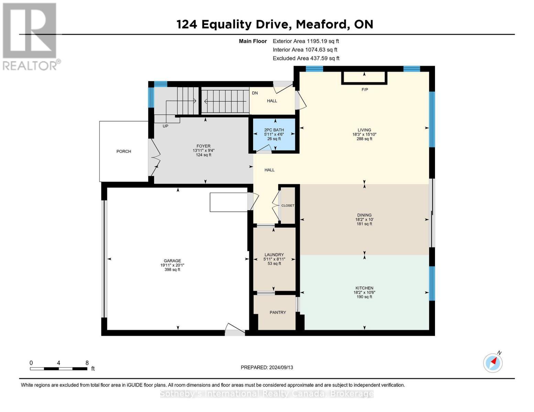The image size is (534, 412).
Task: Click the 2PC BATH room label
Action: pos(274,130)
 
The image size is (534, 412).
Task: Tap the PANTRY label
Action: pos(277,312)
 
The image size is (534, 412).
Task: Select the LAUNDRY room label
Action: pos(274,255)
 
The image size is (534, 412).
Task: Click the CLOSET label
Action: pos(288,206)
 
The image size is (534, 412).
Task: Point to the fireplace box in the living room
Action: pos(364,78)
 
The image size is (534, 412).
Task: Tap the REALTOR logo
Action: pos(30,36)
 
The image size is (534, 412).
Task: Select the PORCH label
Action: pos(124,151)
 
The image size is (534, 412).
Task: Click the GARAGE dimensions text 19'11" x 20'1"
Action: pos(172,265)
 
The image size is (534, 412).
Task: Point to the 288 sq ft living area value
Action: pos(364,139)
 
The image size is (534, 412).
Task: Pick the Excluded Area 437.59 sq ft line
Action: pos(306,58)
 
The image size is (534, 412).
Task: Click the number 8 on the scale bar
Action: pos(87,363)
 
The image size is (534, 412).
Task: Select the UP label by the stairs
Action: pos(165,126)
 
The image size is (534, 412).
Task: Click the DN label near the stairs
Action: pos(255,93)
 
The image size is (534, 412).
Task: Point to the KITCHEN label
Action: pos(364,288)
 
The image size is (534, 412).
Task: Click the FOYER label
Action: pos(204,146)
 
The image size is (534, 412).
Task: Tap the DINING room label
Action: pos(364,215)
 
